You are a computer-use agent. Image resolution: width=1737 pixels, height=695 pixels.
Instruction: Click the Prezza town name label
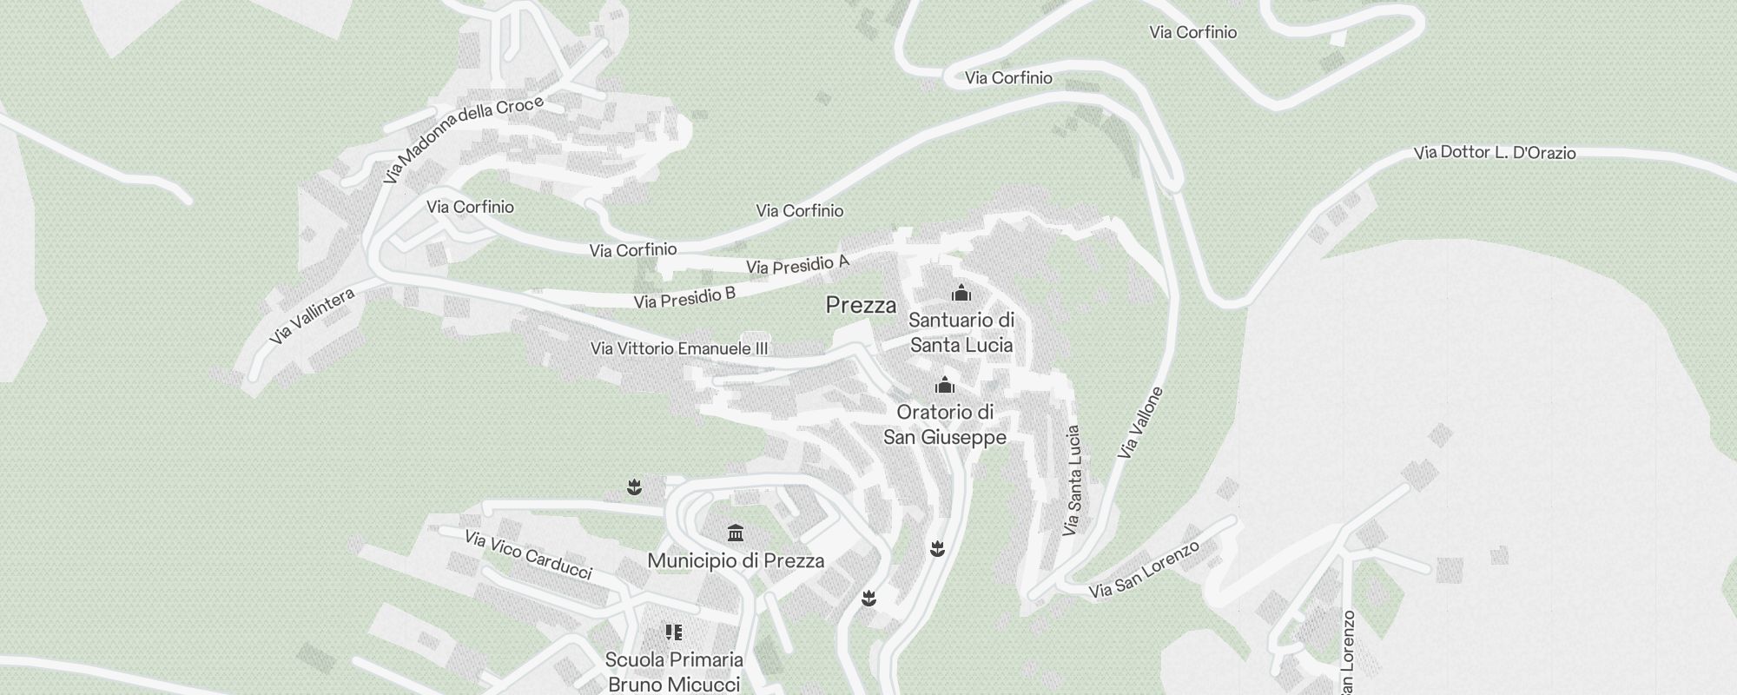tap(861, 305)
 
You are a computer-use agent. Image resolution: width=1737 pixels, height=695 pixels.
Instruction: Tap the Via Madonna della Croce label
tap(463, 139)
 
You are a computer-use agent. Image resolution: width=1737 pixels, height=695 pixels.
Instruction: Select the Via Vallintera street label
tap(312, 316)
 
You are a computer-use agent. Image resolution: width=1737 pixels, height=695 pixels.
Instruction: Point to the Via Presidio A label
tap(797, 265)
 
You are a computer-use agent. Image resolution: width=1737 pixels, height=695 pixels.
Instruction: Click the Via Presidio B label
tap(684, 298)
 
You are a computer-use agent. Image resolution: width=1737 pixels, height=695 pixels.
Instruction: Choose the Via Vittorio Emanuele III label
tap(679, 348)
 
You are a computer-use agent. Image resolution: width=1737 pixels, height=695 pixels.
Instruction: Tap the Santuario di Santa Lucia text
tap(961, 333)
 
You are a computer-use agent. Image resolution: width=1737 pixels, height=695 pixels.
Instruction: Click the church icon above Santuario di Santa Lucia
tap(961, 293)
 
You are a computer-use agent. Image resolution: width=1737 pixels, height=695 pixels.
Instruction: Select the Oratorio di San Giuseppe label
tap(945, 424)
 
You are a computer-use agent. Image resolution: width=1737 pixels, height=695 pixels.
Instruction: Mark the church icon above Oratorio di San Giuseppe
tap(944, 384)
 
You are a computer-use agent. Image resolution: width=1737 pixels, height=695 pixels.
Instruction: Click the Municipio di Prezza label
tap(736, 560)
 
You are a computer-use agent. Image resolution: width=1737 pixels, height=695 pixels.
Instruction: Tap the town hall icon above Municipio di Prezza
tap(736, 532)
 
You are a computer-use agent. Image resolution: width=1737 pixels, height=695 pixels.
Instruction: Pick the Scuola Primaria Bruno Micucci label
tap(674, 672)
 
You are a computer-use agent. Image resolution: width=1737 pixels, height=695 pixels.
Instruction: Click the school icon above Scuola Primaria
tap(673, 632)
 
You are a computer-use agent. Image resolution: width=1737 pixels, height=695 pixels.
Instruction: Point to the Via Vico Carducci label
tap(528, 554)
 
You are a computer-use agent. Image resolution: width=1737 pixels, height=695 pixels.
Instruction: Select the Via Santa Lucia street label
tap(1073, 480)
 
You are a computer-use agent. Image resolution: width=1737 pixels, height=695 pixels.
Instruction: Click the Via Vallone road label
tap(1140, 423)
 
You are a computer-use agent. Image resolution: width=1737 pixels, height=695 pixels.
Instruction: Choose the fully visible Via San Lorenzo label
tap(1145, 570)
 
